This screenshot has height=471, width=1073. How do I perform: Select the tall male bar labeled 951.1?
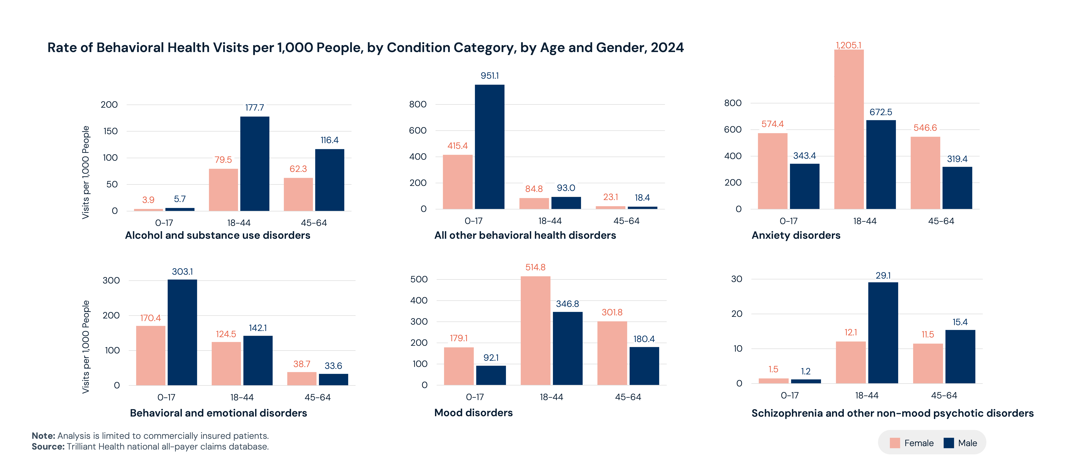coord(489,147)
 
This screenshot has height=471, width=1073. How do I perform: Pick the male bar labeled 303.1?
coord(182,332)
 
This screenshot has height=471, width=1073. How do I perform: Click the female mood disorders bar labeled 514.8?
coord(535,330)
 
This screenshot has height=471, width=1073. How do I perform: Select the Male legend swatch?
coord(948,443)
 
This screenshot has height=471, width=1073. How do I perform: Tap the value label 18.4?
coord(642,198)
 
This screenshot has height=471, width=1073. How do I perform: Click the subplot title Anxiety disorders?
coord(796,235)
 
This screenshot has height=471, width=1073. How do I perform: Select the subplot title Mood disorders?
coord(473,413)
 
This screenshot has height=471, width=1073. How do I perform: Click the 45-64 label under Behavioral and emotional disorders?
coord(317,397)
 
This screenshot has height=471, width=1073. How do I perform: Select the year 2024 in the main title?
coord(667,47)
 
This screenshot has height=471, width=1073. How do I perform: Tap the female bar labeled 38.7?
coord(302,378)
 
